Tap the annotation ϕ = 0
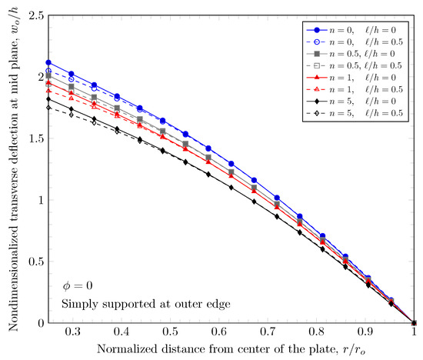pos(78,285)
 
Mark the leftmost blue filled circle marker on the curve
pos(48,62)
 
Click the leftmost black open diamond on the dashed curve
pos(48,108)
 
